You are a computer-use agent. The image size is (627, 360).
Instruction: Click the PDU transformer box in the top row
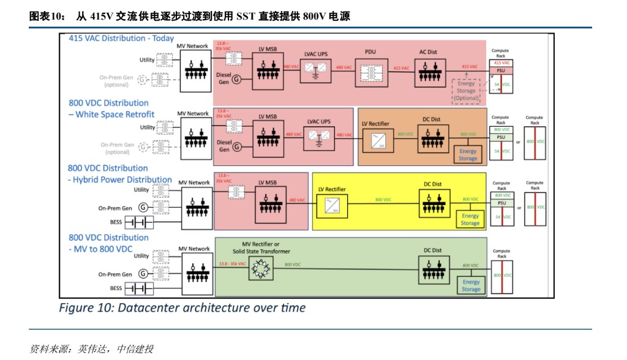click(x=370, y=72)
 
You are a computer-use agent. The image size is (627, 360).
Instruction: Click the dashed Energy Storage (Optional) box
click(x=466, y=91)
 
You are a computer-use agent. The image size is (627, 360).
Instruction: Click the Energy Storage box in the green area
click(x=471, y=285)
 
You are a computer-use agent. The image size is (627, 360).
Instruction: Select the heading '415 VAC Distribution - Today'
click(x=121, y=38)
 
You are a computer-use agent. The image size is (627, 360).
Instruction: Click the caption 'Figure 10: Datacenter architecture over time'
click(x=182, y=307)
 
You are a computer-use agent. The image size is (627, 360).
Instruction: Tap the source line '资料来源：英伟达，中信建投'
click(x=91, y=349)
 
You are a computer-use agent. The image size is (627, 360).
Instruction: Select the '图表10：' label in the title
click(x=47, y=17)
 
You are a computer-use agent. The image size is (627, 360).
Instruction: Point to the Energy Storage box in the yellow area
click(x=470, y=219)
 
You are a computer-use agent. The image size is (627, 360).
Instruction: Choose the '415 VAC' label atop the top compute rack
click(x=501, y=63)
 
